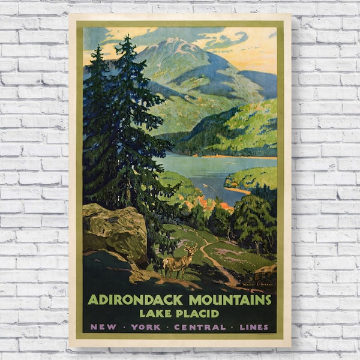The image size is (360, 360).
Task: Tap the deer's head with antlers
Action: (x=191, y=248)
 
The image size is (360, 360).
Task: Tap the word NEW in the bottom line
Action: (x=100, y=327)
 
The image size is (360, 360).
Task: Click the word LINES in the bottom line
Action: (x=254, y=327)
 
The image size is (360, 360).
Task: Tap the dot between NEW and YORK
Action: (x=120, y=327)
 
